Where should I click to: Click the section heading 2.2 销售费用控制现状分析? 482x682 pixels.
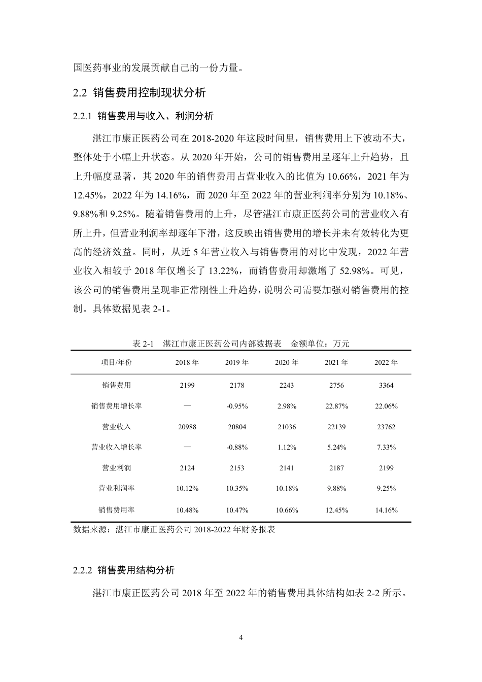(140, 93)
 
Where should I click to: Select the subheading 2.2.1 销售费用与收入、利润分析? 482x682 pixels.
(144, 116)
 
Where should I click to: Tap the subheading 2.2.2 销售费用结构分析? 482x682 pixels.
(124, 570)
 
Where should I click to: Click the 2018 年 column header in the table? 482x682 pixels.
(187, 362)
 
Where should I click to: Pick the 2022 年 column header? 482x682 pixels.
(386, 362)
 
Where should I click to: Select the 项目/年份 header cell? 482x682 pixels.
(116, 362)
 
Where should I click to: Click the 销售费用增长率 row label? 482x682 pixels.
(116, 406)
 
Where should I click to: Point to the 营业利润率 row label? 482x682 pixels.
(116, 488)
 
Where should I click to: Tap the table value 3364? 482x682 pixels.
(386, 385)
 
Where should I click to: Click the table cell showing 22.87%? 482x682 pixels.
(336, 406)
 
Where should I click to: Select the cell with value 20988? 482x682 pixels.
(187, 427)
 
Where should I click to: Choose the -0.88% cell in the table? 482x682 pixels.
(237, 447)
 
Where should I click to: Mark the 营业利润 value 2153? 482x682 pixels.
(237, 468)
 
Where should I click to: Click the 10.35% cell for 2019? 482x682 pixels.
(237, 488)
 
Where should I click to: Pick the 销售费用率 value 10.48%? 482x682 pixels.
(187, 510)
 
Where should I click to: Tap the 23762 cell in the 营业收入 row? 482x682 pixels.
(386, 427)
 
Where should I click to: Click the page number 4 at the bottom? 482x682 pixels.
(241, 637)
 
